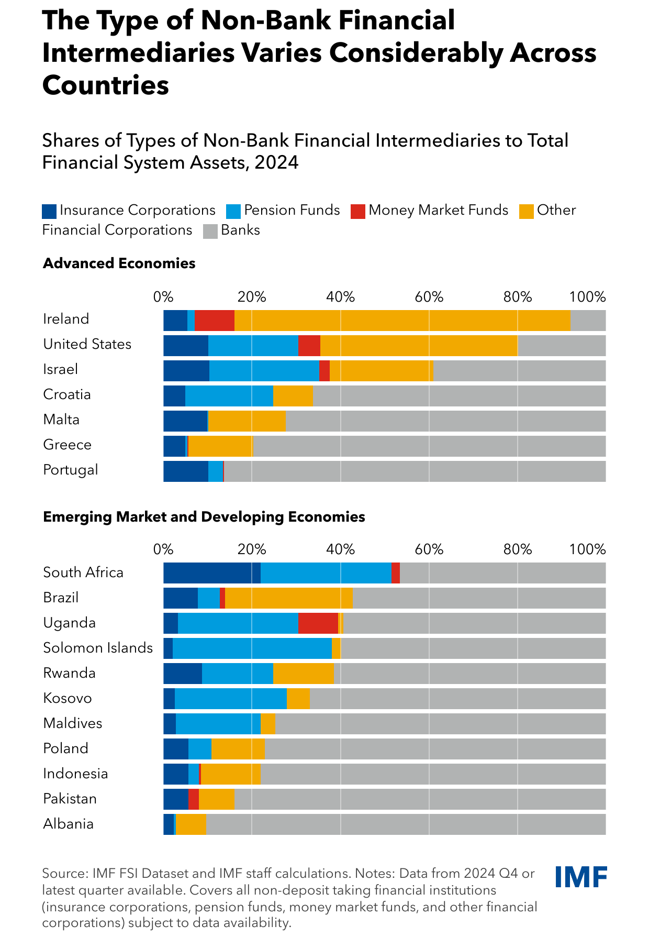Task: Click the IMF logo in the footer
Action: tap(581, 877)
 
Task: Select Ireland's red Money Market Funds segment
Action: tap(215, 321)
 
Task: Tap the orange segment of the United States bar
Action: tap(419, 346)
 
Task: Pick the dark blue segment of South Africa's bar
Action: tap(211, 573)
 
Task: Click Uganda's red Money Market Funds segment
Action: tap(318, 623)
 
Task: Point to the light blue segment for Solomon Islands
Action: tap(252, 648)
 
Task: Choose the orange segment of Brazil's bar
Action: tap(289, 598)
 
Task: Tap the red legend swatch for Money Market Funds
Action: tap(358, 211)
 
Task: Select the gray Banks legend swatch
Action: tap(210, 231)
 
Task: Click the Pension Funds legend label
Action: tap(292, 211)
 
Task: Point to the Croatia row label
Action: tap(67, 394)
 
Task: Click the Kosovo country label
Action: tap(68, 698)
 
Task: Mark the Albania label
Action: tap(69, 824)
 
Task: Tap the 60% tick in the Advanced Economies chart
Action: tap(429, 297)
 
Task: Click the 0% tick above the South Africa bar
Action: tap(163, 549)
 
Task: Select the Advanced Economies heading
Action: tap(119, 263)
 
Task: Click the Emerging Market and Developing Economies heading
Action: tap(204, 517)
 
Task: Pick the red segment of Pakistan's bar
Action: tap(194, 799)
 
